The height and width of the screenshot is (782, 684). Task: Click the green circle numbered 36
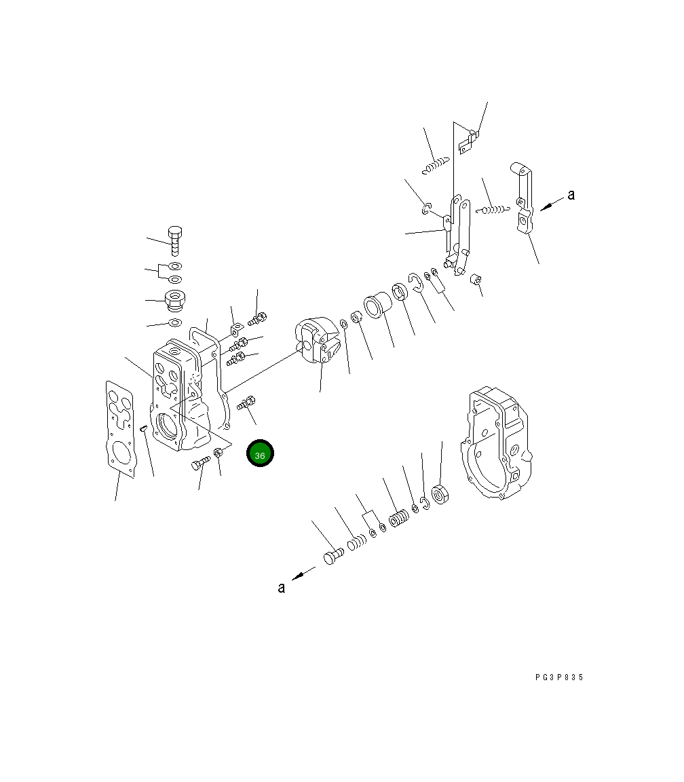click(260, 453)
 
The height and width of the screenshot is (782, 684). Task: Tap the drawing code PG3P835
click(559, 677)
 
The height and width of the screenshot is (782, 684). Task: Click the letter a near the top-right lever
click(571, 195)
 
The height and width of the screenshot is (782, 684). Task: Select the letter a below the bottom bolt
click(281, 588)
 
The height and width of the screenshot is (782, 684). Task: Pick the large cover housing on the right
click(496, 442)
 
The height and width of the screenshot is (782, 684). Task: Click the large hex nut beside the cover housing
click(440, 494)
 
